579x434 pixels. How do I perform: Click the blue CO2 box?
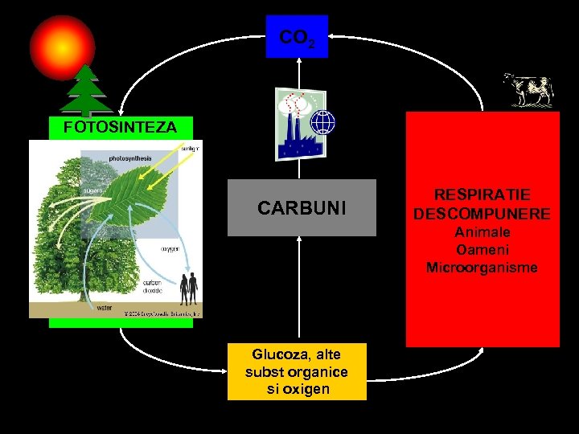[x=297, y=37]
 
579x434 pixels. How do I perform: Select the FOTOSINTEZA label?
[x=120, y=127]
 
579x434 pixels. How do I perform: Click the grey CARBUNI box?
[x=302, y=208]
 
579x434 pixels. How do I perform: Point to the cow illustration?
[x=528, y=89]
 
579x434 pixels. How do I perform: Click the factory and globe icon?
[x=305, y=123]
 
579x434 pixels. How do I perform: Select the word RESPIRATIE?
[x=482, y=195]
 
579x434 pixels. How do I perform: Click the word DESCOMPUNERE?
[x=482, y=214]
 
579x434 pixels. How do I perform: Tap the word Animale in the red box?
[x=482, y=231]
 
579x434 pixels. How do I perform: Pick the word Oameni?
[x=482, y=250]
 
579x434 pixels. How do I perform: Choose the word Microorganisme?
[x=482, y=268]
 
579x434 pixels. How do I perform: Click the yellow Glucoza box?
[x=297, y=371]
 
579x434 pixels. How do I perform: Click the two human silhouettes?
[x=189, y=288]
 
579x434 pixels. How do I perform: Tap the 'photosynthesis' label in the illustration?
[x=129, y=158]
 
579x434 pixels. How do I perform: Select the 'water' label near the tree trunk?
[x=105, y=307]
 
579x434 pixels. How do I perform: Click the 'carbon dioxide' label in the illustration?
[x=153, y=287]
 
